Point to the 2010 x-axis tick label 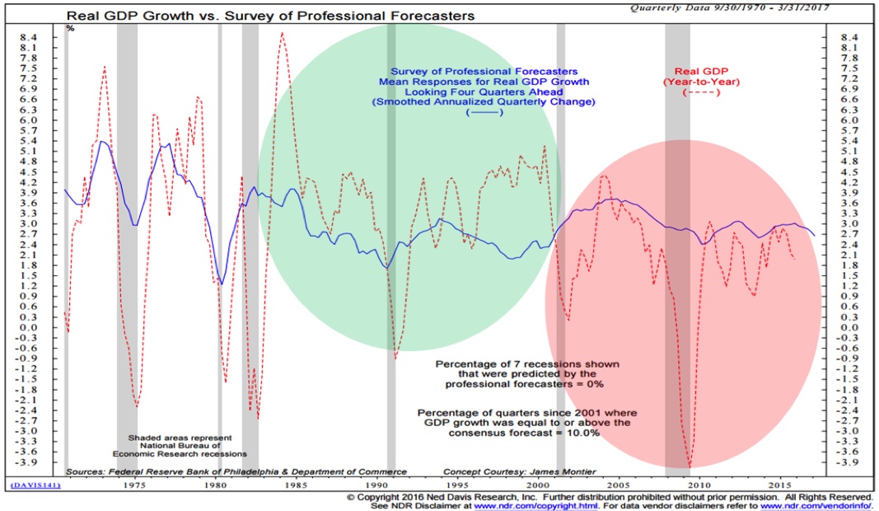pos(699,486)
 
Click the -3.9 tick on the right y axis pos(849,462)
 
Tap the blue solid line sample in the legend pos(484,113)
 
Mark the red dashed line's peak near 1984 pos(282,34)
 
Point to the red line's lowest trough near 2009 pos(690,466)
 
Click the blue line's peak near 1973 pos(101,142)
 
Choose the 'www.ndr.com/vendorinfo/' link pos(822,505)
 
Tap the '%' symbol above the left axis pos(71,28)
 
